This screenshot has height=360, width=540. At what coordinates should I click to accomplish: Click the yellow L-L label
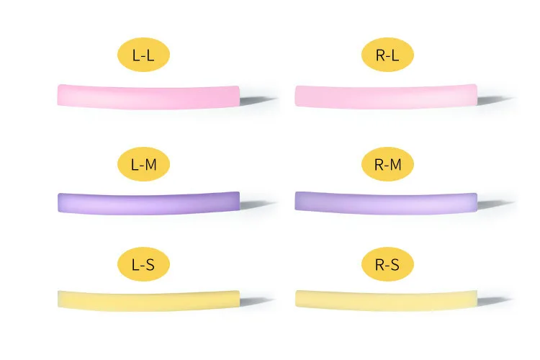click(x=143, y=55)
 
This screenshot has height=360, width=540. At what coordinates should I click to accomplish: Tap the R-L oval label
click(x=387, y=55)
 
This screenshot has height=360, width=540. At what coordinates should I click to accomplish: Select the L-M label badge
click(x=143, y=164)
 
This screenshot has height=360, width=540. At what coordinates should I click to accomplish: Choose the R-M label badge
click(x=387, y=164)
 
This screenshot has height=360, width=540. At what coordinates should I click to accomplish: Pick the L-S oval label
click(x=143, y=264)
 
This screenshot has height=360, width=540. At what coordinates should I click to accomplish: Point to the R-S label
click(x=387, y=264)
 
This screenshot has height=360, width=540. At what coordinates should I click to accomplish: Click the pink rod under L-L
click(x=148, y=96)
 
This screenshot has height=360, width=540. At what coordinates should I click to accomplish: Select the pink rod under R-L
click(x=386, y=96)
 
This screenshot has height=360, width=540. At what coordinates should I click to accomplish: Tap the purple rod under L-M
click(x=148, y=202)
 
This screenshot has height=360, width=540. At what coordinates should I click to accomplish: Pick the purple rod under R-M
click(x=386, y=202)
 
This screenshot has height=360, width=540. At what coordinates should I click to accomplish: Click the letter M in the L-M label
click(x=152, y=164)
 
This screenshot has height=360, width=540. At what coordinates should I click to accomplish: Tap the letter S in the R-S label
click(x=395, y=264)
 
